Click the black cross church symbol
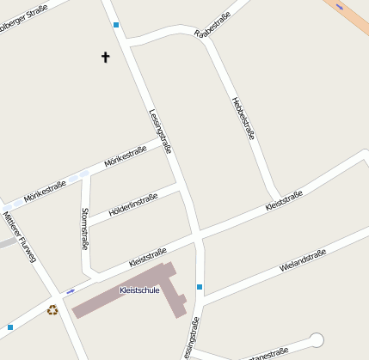(106, 58)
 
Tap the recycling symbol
(52, 310)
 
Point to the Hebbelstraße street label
(243, 118)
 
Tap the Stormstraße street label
(84, 228)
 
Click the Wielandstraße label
(303, 260)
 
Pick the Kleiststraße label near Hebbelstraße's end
(284, 201)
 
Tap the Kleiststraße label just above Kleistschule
(146, 256)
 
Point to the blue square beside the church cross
(116, 25)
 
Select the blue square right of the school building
(200, 286)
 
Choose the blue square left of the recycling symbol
(10, 327)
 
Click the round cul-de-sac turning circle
(317, 339)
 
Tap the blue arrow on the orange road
(340, 7)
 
